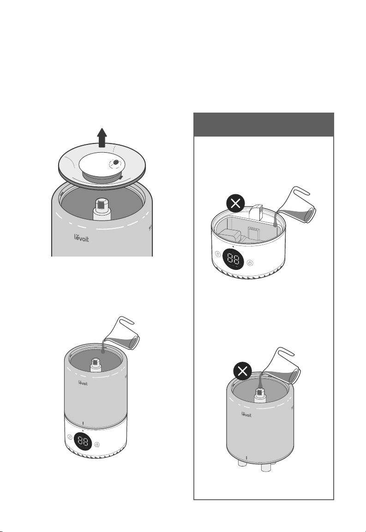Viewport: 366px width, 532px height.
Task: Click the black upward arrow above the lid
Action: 102,137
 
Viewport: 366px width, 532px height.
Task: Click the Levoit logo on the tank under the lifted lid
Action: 82,238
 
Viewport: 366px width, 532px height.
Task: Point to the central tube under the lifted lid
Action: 102,209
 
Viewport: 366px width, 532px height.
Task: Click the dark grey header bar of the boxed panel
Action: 264,125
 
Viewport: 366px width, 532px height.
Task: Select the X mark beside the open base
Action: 235,203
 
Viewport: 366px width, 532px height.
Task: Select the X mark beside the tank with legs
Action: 243,371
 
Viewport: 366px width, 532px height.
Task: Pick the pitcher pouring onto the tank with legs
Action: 282,366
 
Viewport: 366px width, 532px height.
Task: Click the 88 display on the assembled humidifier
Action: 83,442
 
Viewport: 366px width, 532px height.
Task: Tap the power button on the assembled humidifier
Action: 97,444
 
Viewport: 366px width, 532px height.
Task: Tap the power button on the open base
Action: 250,263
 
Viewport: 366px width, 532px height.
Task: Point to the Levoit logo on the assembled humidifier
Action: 83,383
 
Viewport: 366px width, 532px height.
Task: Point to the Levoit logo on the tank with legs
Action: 246,414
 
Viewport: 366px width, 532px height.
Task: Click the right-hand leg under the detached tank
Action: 266,467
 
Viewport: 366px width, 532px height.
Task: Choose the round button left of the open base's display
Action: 218,254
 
